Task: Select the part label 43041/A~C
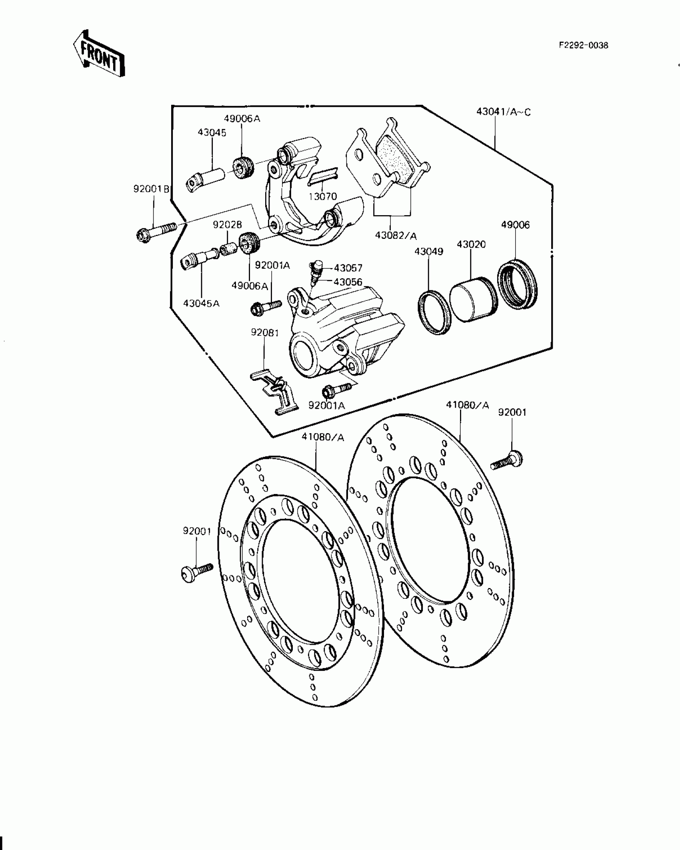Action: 503,112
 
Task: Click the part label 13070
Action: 322,196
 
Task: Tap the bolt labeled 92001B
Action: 156,231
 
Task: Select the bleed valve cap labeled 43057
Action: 318,265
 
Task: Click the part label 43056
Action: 348,282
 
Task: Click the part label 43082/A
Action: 396,235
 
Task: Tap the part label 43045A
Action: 201,304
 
